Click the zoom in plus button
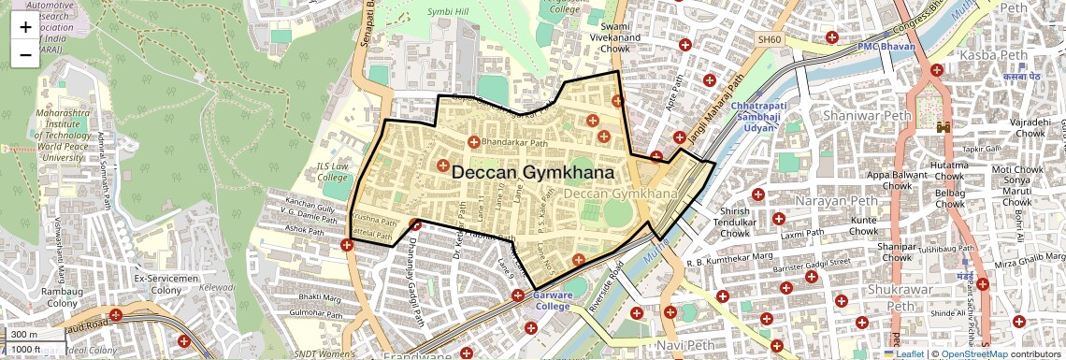[x=25, y=27]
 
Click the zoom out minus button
[x=25, y=54]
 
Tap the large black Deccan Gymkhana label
[x=533, y=173]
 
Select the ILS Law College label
[x=333, y=172]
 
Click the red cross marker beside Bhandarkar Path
[x=473, y=142]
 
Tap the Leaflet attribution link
[x=908, y=353]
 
